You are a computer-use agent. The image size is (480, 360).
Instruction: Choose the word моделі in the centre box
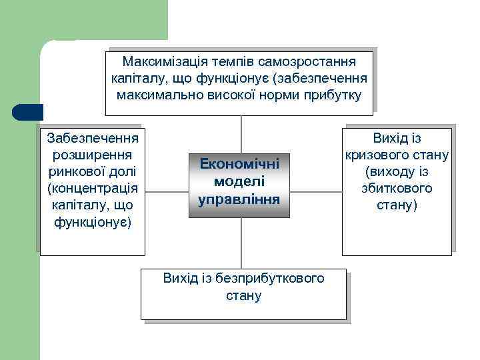(x=239, y=181)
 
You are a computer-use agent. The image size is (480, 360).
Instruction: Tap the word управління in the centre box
(x=239, y=199)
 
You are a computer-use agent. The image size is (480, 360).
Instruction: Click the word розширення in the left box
(x=93, y=155)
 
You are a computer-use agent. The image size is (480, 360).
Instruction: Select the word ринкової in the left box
(x=79, y=171)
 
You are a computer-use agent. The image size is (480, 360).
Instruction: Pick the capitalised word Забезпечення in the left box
(x=93, y=138)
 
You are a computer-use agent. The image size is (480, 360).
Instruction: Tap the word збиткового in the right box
(x=397, y=189)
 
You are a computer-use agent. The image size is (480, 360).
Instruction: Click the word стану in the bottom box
(x=244, y=295)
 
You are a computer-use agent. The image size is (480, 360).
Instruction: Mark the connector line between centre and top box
(x=241, y=133)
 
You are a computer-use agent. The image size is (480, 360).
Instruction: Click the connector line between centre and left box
(x=167, y=193)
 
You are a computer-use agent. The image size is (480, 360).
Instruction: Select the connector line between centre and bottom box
(x=241, y=243)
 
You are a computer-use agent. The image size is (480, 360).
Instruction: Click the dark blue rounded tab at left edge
(x=27, y=112)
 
